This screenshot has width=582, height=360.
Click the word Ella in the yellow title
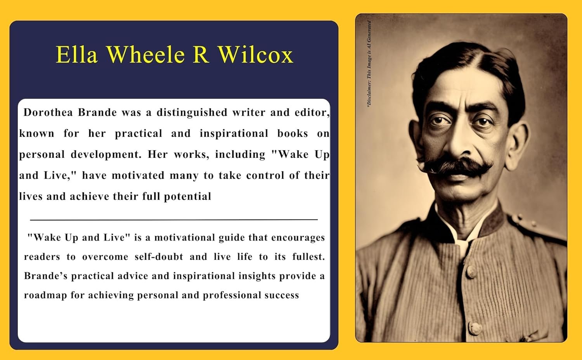(x=77, y=55)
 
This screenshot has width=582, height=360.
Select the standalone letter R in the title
(x=201, y=55)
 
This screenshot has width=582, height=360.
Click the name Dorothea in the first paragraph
(x=48, y=112)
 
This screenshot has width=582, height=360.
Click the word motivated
(x=138, y=175)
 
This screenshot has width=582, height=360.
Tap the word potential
(x=187, y=197)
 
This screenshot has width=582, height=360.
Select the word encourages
(x=298, y=238)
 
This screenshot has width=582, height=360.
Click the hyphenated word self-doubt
(x=159, y=257)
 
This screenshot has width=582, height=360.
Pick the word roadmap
(x=45, y=296)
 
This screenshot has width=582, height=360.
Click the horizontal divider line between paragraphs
(x=174, y=220)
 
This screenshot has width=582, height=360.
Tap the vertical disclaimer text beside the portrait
(x=369, y=64)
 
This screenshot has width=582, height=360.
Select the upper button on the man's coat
(x=471, y=272)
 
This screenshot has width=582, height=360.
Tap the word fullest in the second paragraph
(x=309, y=257)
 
